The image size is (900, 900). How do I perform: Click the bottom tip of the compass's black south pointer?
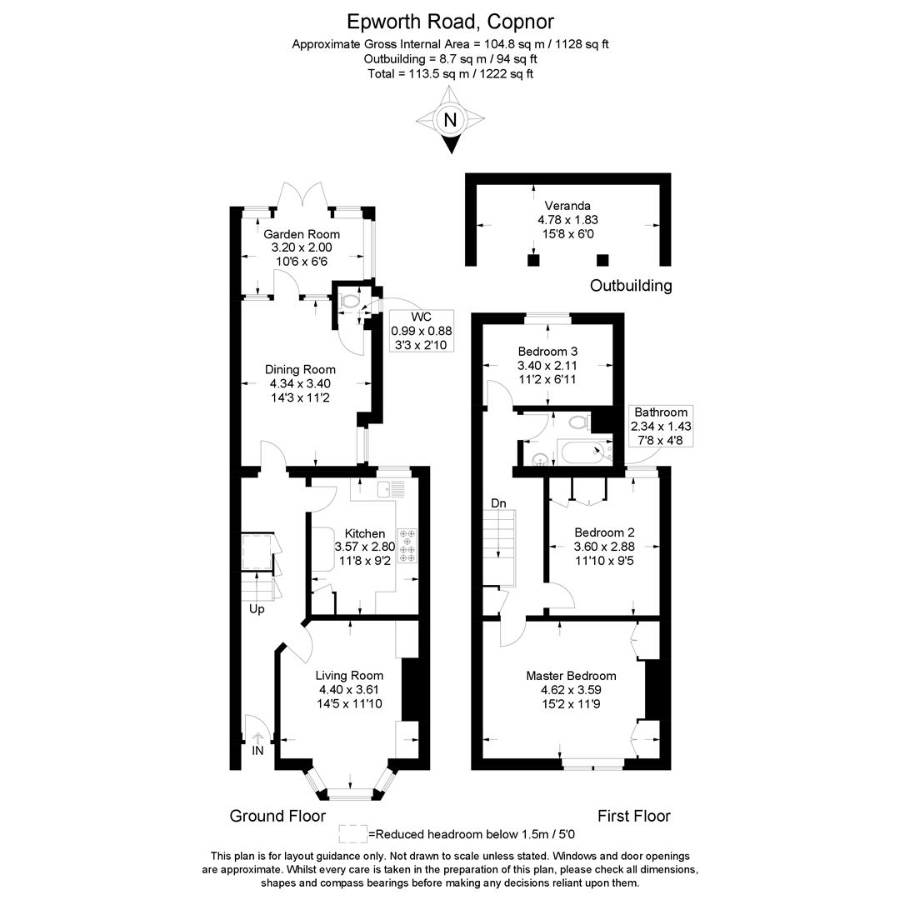451,154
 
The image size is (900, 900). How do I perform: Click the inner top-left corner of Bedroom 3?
482,324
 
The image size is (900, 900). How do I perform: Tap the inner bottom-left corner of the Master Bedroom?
482,758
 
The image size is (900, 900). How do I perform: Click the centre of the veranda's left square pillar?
533,260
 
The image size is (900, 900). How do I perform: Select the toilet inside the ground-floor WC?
348,300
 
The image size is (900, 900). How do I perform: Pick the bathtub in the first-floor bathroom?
586,452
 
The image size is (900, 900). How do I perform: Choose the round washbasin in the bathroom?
539,458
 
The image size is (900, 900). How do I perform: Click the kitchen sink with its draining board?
391,489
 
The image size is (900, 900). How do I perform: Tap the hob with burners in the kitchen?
407,546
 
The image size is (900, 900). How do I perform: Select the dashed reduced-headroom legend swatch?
353,834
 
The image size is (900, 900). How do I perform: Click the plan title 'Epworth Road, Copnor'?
451,22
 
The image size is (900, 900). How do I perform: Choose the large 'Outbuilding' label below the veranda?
631,285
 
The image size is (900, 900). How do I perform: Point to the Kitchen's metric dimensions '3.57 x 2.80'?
365,547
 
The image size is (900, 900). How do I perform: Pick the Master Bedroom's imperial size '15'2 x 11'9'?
571,703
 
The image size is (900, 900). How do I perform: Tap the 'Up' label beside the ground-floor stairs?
257,609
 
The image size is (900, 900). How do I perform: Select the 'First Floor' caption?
633,816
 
